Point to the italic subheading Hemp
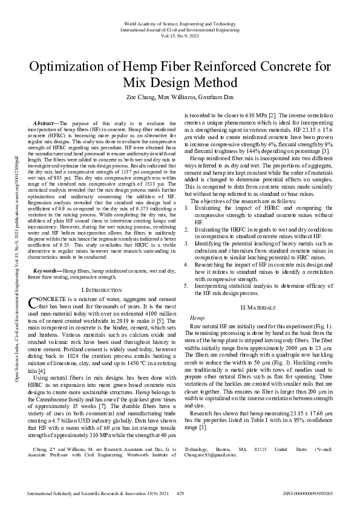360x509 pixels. [x=197, y=317]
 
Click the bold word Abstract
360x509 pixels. [x=44, y=123]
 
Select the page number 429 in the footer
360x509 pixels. [x=180, y=494]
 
